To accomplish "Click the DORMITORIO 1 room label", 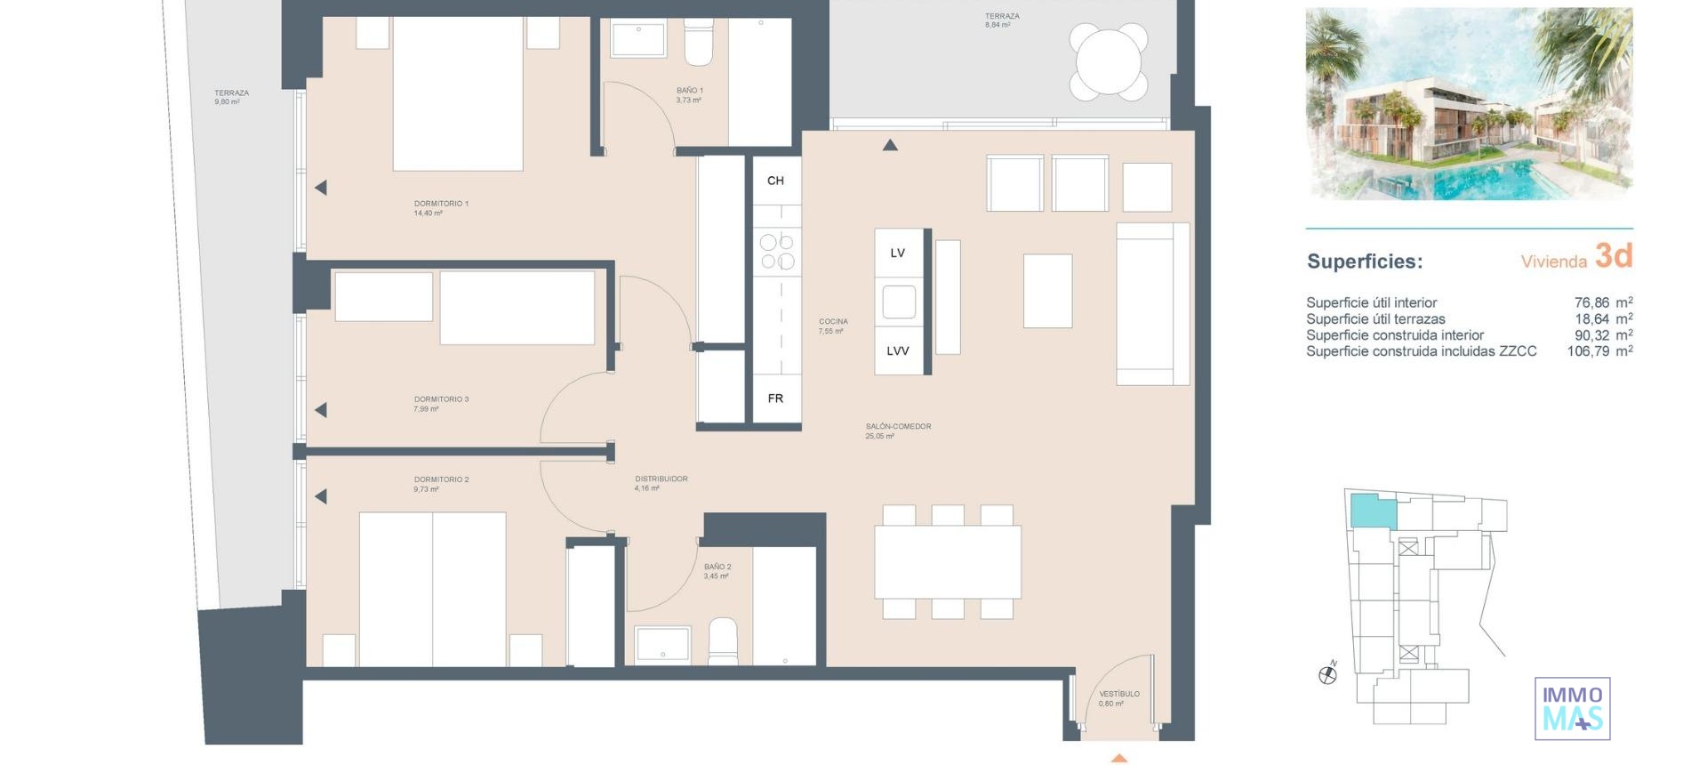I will pyautogui.click(x=441, y=204).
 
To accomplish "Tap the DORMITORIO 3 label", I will pyautogui.click(x=441, y=399).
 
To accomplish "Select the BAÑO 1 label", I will pyautogui.click(x=689, y=91).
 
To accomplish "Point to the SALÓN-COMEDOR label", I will pyautogui.click(x=898, y=427).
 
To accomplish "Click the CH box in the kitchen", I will pyautogui.click(x=775, y=181).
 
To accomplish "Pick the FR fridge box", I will pyautogui.click(x=775, y=399).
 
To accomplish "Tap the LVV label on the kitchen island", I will pyautogui.click(x=898, y=351).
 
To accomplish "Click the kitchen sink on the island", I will pyautogui.click(x=899, y=302).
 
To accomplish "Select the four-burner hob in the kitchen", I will pyautogui.click(x=776, y=252).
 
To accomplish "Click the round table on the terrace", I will pyautogui.click(x=1109, y=61).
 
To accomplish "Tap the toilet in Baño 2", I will pyautogui.click(x=723, y=641).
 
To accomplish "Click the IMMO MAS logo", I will pyautogui.click(x=1572, y=708).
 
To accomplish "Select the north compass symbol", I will pyautogui.click(x=1327, y=674).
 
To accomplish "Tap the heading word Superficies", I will pyautogui.click(x=1364, y=262).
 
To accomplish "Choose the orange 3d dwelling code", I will pyautogui.click(x=1613, y=256).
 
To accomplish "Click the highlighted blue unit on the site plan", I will pyautogui.click(x=1373, y=512).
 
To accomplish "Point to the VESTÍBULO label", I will pyautogui.click(x=1118, y=694).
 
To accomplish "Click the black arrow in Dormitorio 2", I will pyautogui.click(x=321, y=496).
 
